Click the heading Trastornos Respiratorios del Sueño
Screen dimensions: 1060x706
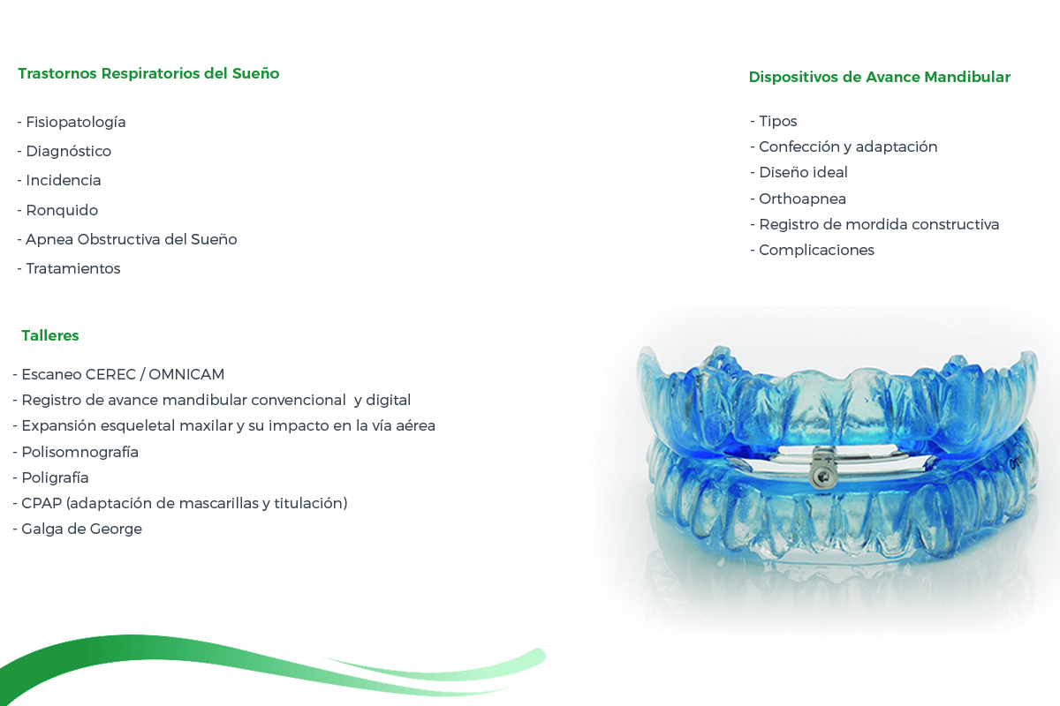pyautogui.click(x=148, y=74)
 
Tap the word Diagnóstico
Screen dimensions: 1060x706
pyautogui.click(x=69, y=151)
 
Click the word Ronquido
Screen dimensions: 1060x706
pyautogui.click(x=62, y=210)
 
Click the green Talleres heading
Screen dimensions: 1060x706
pyautogui.click(x=50, y=335)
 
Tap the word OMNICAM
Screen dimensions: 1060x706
pyautogui.click(x=186, y=374)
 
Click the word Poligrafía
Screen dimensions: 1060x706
pyautogui.click(x=56, y=477)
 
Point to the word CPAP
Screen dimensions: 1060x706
pyautogui.click(x=42, y=503)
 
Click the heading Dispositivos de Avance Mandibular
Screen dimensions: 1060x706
pyautogui.click(x=880, y=77)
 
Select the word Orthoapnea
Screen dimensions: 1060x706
pyautogui.click(x=803, y=199)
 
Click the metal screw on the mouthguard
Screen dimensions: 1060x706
pyautogui.click(x=822, y=476)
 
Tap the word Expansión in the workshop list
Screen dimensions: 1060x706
pyautogui.click(x=59, y=426)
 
